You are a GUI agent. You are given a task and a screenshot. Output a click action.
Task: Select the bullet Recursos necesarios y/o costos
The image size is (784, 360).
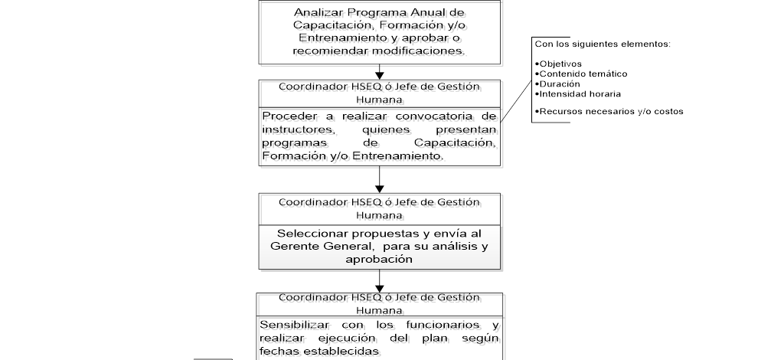(x=608, y=111)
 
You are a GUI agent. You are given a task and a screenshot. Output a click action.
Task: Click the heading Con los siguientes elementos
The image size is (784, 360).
(x=603, y=44)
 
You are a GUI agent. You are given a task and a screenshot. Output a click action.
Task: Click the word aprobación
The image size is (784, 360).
(x=380, y=259)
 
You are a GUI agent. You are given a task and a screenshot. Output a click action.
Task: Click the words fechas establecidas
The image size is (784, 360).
(x=319, y=351)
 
